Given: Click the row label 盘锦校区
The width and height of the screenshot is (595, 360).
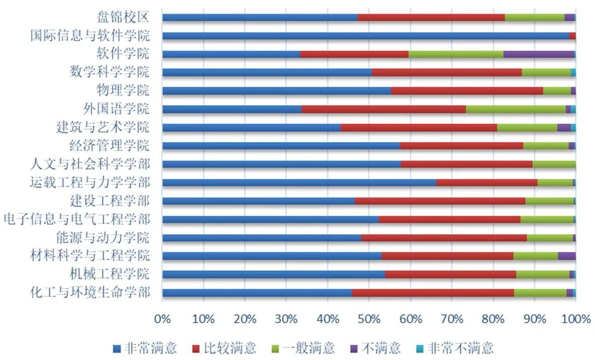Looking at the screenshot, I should [x=123, y=18].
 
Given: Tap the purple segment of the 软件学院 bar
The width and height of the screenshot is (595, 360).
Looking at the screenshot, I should [x=539, y=54].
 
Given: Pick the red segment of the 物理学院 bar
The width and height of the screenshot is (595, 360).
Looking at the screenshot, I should [x=467, y=91].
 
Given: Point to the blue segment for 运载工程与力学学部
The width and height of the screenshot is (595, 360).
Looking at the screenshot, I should [x=299, y=182].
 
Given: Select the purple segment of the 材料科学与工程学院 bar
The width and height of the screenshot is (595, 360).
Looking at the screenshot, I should [x=566, y=256].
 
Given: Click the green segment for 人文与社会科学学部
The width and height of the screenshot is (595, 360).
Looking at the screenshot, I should [x=554, y=164].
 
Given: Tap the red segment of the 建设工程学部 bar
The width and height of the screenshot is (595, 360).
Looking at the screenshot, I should [x=440, y=201].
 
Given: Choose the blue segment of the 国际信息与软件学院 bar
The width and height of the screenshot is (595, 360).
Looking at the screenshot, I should [x=365, y=36].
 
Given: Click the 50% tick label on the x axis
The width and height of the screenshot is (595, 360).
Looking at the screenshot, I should [x=369, y=319].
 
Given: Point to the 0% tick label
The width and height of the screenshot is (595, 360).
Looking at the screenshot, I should [x=162, y=319].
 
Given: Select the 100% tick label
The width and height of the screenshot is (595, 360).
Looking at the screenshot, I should [x=575, y=319].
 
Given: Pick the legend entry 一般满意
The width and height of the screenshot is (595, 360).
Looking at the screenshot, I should [x=309, y=348].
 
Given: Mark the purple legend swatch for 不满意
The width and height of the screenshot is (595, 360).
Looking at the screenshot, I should [x=354, y=348].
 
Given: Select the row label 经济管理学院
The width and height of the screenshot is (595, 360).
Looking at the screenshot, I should [x=109, y=146].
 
